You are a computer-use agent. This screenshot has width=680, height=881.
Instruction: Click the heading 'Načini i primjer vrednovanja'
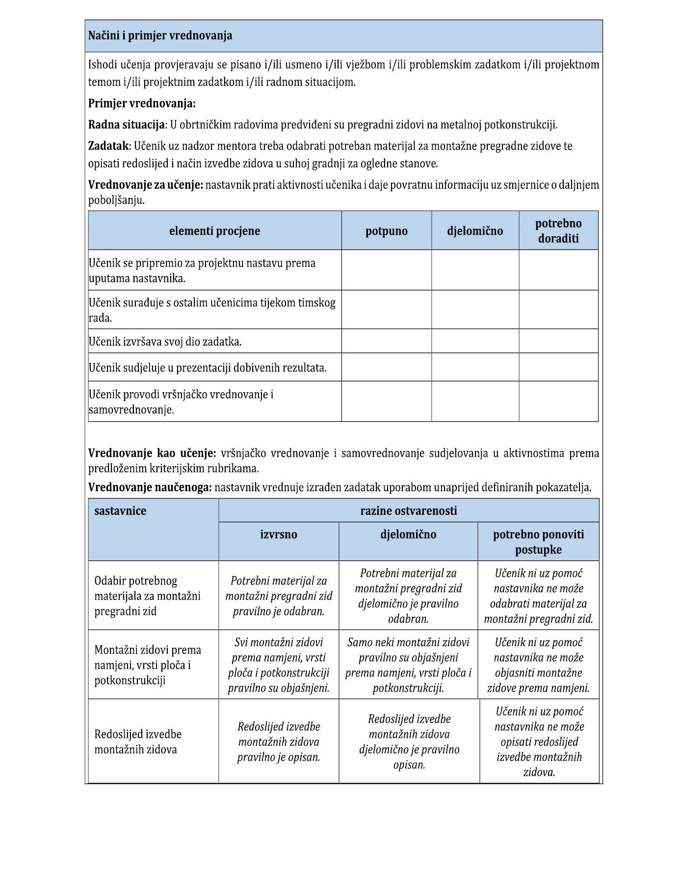[160, 36]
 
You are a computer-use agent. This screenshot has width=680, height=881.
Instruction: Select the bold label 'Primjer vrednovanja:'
[142, 103]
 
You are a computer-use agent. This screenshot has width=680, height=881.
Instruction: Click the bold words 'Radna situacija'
[126, 125]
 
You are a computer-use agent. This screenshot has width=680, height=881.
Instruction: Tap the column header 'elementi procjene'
[214, 231]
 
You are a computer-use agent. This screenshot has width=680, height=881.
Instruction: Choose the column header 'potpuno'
[386, 231]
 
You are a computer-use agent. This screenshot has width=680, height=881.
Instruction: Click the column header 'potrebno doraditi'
[558, 231]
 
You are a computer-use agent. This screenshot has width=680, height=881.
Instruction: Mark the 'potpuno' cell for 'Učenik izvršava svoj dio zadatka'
[386, 341]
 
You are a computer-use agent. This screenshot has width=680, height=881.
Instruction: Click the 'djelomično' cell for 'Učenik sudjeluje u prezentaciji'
[475, 367]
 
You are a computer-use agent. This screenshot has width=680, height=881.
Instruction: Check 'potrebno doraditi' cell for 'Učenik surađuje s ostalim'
[558, 310]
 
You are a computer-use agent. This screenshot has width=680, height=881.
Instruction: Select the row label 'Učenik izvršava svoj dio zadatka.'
[165, 342]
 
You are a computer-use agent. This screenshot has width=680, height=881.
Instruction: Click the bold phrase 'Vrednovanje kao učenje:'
[152, 453]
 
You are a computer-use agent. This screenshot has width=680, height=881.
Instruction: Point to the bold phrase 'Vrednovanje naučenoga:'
[150, 488]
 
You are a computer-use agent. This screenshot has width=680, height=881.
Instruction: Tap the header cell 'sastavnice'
[120, 511]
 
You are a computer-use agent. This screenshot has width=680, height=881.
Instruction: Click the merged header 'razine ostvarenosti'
[408, 511]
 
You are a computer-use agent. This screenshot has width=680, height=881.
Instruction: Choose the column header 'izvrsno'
[279, 534]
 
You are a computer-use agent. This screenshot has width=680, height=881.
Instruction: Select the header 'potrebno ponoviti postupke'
[538, 542]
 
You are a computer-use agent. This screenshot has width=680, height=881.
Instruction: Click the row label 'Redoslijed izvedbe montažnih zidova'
[138, 741]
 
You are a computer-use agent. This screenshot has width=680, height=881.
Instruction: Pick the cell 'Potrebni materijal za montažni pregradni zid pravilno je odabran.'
[279, 596]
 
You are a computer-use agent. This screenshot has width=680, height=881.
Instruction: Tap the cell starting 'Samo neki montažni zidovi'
[408, 665]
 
